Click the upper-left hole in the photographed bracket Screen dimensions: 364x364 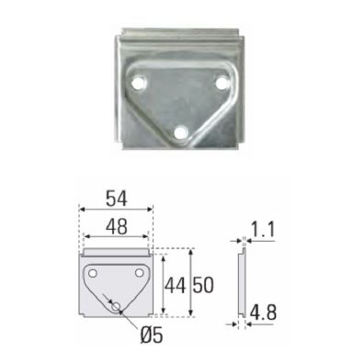[138, 83]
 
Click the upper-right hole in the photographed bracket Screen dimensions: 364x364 [222, 83]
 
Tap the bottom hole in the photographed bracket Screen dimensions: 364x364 [181, 132]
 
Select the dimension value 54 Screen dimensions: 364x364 [117, 199]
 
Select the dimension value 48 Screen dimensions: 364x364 [117, 227]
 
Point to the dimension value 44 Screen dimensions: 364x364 [176, 286]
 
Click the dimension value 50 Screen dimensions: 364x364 [203, 286]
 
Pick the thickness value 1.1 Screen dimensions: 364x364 [263, 230]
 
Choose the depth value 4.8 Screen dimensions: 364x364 [263, 313]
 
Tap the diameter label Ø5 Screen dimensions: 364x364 [152, 336]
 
